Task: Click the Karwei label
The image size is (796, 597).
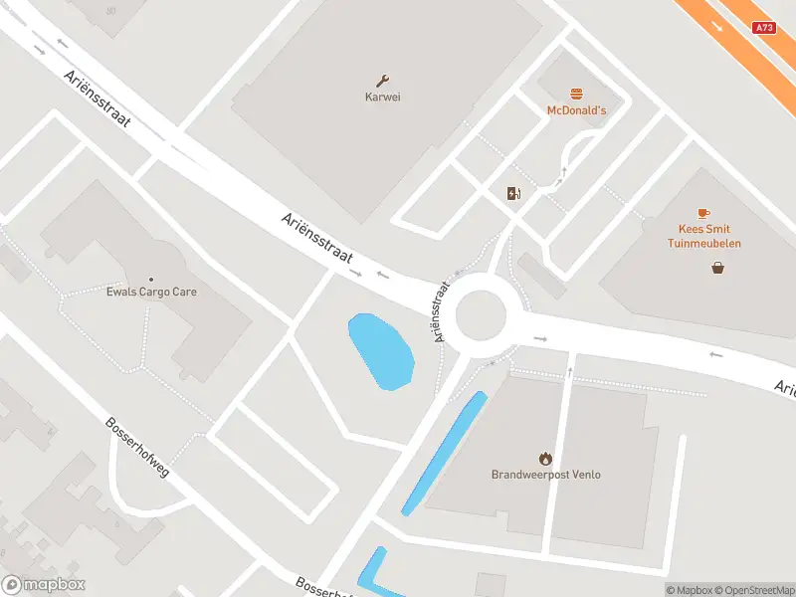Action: [383, 98]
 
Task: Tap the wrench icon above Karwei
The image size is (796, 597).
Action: [383, 81]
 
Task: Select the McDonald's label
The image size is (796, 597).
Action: [576, 110]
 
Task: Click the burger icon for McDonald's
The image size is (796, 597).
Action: [576, 94]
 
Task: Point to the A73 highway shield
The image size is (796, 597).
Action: [764, 28]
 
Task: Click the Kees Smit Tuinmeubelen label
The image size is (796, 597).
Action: [703, 236]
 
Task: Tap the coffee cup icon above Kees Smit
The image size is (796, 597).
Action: [703, 213]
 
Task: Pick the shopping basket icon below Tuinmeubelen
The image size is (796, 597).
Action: [717, 267]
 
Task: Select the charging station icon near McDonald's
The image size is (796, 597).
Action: [513, 193]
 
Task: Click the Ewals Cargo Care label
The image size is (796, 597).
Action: [151, 292]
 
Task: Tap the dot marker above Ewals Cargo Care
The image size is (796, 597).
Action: [151, 279]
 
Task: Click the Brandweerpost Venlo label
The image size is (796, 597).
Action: [545, 475]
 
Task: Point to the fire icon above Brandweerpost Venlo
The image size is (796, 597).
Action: [545, 458]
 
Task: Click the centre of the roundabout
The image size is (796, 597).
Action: [482, 315]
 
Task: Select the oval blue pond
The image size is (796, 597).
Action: [380, 351]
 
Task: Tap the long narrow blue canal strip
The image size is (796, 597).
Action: [444, 453]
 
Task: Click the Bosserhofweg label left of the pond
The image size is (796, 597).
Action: [137, 446]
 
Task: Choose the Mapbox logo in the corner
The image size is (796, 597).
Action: [44, 585]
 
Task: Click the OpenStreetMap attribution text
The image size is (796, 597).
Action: [752, 590]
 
